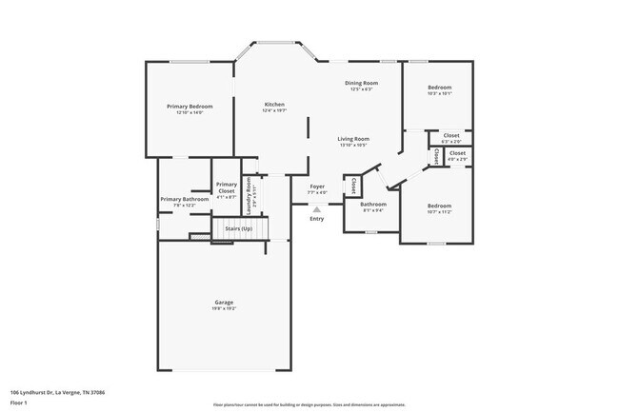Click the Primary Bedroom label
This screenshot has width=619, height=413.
point(190,106)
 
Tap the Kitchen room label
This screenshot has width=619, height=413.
point(273,105)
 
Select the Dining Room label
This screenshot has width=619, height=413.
point(361,84)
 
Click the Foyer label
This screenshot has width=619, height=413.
point(317,187)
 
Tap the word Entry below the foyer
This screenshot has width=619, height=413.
point(316,219)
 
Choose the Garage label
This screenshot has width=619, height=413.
point(224,303)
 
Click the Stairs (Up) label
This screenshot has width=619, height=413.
point(238,228)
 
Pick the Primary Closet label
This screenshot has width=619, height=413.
point(226,187)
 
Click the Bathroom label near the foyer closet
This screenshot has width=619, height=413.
point(372,204)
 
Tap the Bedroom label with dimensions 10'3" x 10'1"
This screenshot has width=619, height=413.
point(439,88)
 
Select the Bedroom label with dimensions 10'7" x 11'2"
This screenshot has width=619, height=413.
point(439,206)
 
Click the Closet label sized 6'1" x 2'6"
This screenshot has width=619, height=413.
point(451,135)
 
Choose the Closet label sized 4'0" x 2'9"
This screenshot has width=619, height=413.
point(457,152)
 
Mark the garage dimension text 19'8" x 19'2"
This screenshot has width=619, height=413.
point(224,308)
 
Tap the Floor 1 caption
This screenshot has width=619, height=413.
point(19,403)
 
